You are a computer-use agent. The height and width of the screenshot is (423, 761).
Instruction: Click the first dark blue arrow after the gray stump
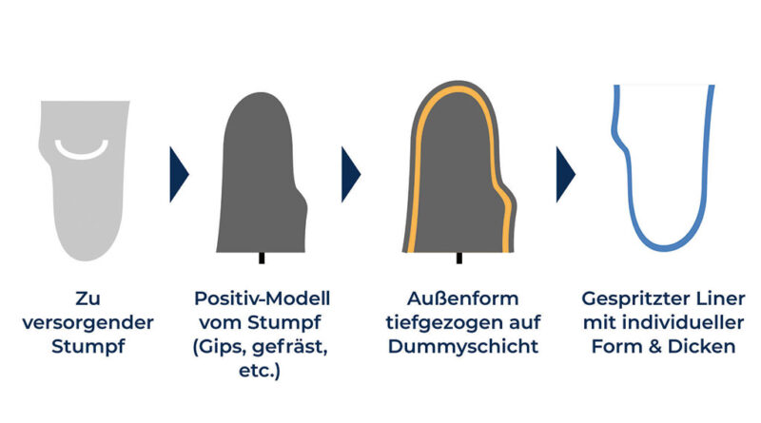click(x=179, y=174)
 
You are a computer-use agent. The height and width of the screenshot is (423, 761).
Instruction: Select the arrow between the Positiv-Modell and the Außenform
click(x=351, y=174)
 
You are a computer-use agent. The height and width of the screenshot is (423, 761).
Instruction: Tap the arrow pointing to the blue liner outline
click(x=565, y=174)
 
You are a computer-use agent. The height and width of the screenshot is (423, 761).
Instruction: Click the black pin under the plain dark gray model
click(x=262, y=258)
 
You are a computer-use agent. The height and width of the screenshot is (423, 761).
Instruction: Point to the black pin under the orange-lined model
click(x=459, y=258)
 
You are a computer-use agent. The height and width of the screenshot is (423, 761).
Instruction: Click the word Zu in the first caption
click(x=88, y=298)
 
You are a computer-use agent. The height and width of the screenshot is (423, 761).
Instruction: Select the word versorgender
click(x=88, y=322)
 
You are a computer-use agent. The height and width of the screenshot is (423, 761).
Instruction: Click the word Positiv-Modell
click(x=263, y=298)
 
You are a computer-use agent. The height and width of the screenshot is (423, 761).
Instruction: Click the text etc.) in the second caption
click(x=260, y=371)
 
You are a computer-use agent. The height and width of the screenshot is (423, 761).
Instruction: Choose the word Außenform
click(x=462, y=298)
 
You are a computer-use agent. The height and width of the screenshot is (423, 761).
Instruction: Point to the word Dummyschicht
click(x=463, y=347)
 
